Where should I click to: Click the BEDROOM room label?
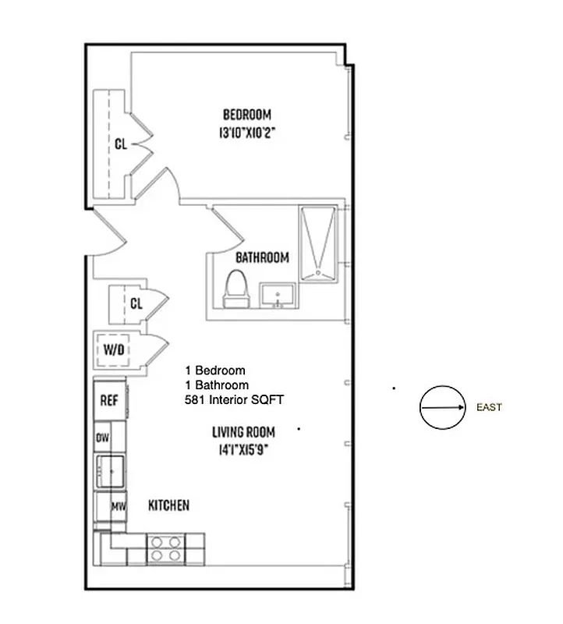[x=248, y=115]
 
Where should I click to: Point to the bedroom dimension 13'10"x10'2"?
[x=248, y=133]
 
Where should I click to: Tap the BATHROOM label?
[x=263, y=257]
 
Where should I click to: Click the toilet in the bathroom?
[x=235, y=288]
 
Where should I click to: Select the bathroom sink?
[x=277, y=296]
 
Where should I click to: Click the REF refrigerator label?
[x=109, y=400]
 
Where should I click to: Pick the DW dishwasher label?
[x=102, y=438]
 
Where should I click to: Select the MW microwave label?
[x=118, y=506]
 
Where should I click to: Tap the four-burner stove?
[x=166, y=548]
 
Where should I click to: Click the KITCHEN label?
[x=168, y=505]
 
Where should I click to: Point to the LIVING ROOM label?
[x=241, y=431]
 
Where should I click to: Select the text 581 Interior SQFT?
[x=234, y=400]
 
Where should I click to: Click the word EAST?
[x=489, y=407]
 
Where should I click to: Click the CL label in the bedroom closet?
[x=121, y=144]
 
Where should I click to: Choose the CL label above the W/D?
[x=136, y=303]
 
